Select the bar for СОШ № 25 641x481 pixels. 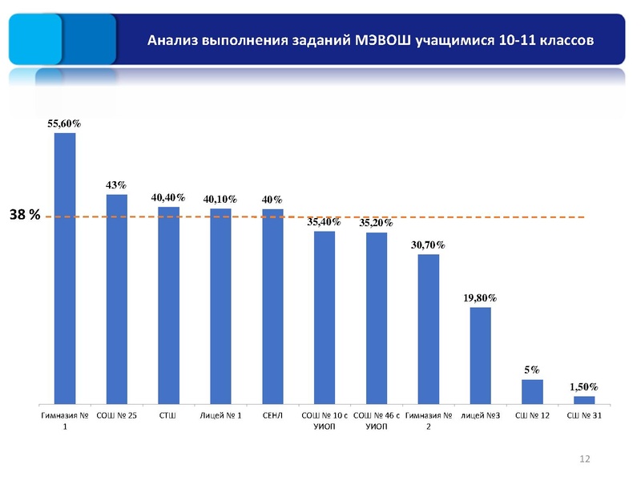point(117,297)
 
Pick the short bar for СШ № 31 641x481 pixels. point(584,398)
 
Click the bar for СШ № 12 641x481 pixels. point(532,390)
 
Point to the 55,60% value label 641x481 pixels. point(64,123)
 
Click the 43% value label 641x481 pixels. point(117,184)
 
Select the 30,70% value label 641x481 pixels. point(429,245)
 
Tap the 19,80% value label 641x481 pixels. point(480,297)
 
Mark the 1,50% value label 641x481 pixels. point(584,386)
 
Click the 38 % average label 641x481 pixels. point(25,216)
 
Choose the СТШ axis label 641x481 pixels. point(168,416)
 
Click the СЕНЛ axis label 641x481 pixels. point(272,416)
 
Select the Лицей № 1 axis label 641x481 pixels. point(220,416)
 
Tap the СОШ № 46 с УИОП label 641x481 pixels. point(377,421)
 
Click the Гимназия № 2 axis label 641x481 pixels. point(429,421)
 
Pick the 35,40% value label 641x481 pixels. point(325,222)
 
